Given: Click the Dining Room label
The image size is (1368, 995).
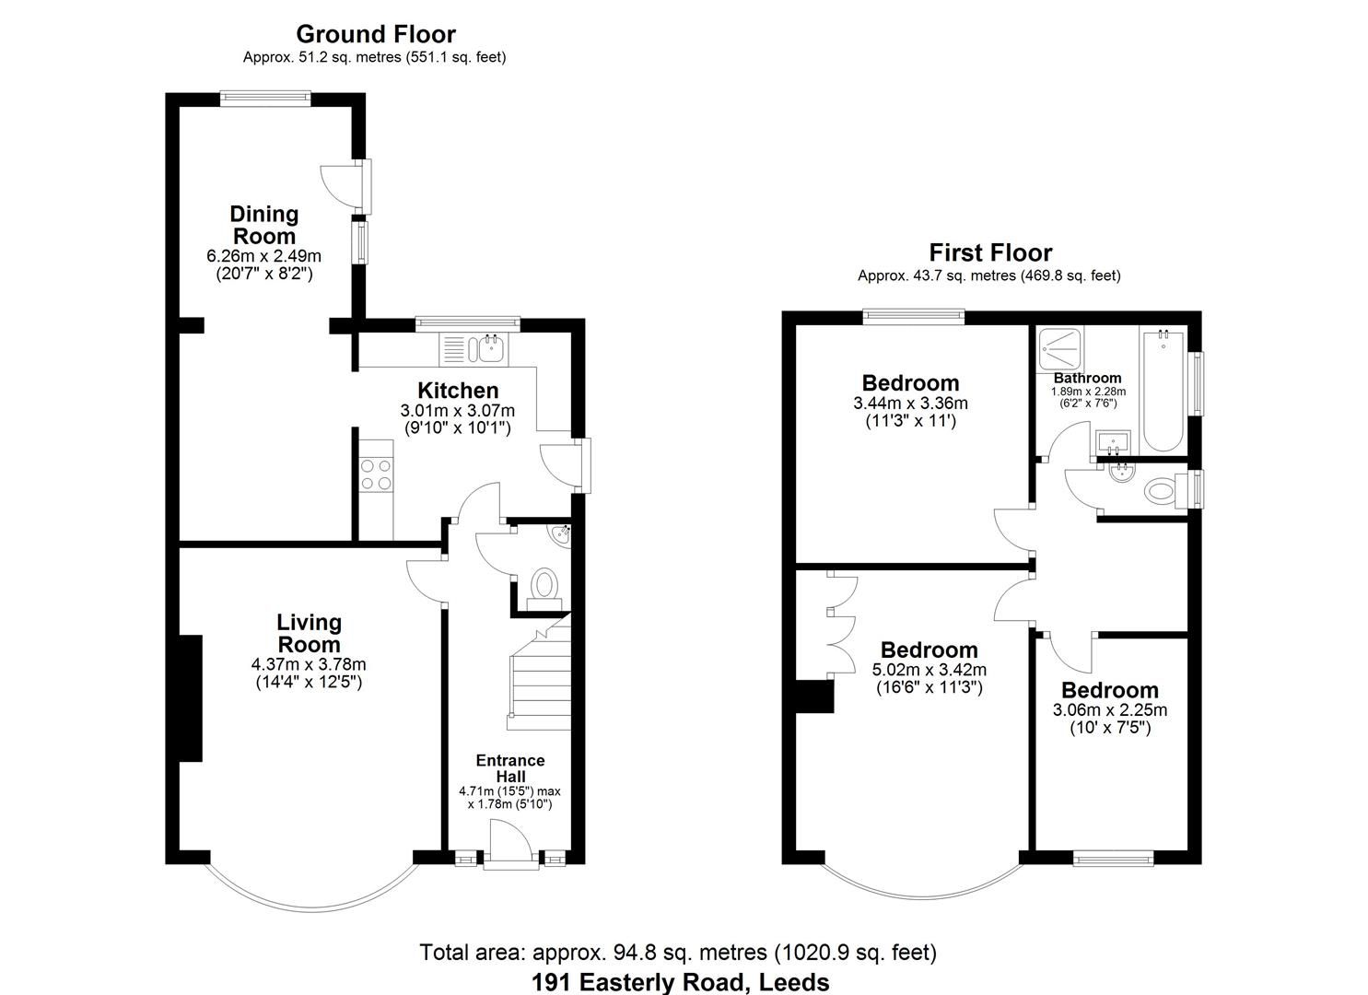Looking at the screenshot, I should coord(263,225).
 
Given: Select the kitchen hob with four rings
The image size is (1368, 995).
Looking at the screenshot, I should coord(375,474).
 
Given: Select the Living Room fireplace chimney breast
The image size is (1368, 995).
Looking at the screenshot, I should coord(191,698).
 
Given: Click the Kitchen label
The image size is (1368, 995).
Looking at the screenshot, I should coord(458,391).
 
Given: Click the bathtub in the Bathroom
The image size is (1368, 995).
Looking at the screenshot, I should coord(1163,391).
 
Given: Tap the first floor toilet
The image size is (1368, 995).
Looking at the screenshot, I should coord(1163,490).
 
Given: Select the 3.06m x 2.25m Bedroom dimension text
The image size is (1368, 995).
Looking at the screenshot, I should coord(1109,710).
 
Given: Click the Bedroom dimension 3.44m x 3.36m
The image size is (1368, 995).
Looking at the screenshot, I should coord(910,404).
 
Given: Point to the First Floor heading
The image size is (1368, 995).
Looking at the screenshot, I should coord(989,252).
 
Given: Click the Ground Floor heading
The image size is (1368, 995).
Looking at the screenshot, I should coord(375,34).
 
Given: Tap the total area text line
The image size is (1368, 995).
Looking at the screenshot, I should coord(677,952).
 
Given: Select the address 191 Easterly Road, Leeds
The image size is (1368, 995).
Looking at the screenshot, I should coord(680,982).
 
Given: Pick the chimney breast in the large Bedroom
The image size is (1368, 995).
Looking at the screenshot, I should coord(814,696).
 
